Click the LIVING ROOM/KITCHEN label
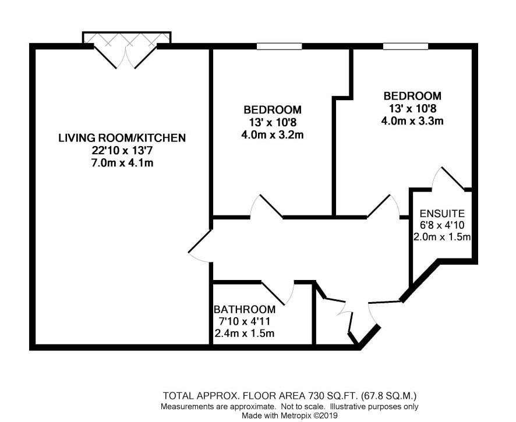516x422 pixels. [x=122, y=138]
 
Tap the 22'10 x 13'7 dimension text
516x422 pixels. [x=122, y=151]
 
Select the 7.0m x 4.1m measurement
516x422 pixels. [x=122, y=163]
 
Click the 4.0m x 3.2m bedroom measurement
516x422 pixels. [x=273, y=135]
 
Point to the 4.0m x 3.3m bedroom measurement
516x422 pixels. [x=412, y=121]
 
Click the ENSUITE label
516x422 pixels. [x=442, y=214]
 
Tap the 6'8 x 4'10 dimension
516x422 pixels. [x=442, y=225]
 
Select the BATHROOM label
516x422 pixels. [x=245, y=310]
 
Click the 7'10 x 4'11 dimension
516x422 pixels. [x=245, y=321]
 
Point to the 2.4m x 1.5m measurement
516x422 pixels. [x=245, y=333]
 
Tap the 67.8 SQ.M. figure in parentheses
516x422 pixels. [x=389, y=395]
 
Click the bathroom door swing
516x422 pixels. [x=278, y=293]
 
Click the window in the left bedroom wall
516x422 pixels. [x=279, y=47]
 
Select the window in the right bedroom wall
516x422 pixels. [x=405, y=47]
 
